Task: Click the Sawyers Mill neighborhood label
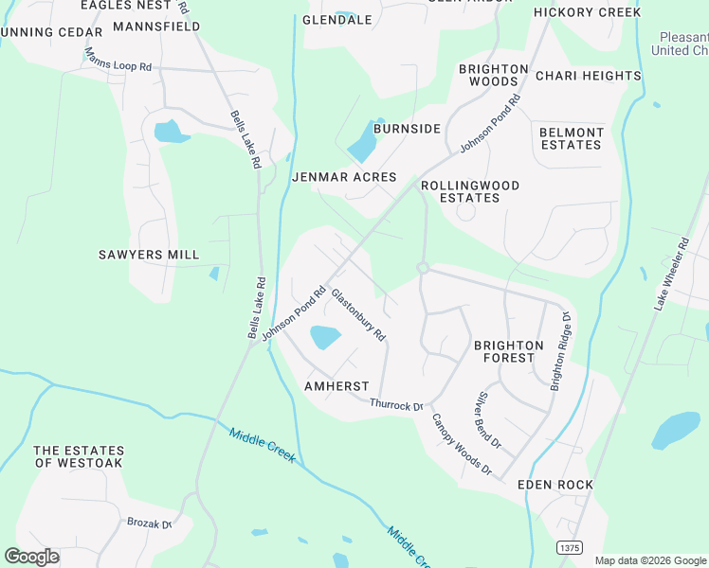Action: click(x=149, y=255)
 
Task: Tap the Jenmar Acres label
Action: click(x=344, y=177)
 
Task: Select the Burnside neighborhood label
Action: click(x=407, y=129)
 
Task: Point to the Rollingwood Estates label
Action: click(x=470, y=192)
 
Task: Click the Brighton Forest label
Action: click(x=509, y=351)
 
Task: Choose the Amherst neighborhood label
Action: click(x=336, y=386)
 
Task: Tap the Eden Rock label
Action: click(x=555, y=485)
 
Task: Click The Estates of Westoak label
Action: click(x=80, y=456)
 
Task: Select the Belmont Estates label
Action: click(x=572, y=139)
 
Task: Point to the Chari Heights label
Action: click(x=588, y=76)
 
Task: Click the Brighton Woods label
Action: click(x=493, y=76)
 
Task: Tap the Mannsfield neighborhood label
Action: click(x=156, y=27)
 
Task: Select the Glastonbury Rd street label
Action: click(x=358, y=315)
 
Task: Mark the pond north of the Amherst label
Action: click(x=324, y=336)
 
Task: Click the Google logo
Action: click(x=31, y=557)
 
